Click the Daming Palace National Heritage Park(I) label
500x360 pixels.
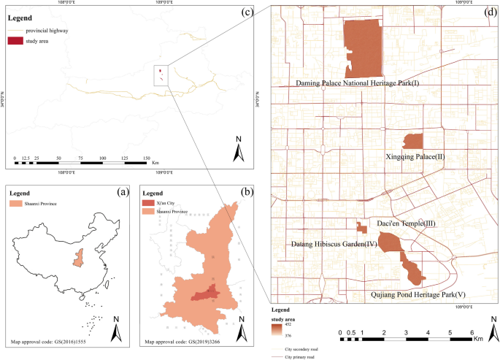tap(358, 83)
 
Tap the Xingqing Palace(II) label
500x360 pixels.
tap(413, 156)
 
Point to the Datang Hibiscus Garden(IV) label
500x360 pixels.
tap(333, 243)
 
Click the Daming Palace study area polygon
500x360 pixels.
tap(363, 47)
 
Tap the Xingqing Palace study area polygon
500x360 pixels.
tap(413, 141)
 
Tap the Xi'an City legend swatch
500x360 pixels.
tap(149, 202)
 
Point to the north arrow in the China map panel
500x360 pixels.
tap(116, 332)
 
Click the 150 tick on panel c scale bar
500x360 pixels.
tap(145, 158)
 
